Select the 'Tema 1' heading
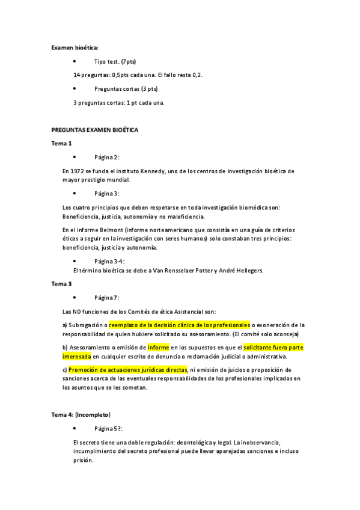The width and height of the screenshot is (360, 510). click(62, 143)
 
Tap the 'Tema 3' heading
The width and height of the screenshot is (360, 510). click(62, 283)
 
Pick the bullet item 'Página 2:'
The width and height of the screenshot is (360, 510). click(106, 157)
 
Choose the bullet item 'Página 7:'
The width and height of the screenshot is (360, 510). click(106, 297)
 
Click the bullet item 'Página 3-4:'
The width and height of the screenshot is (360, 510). click(109, 261)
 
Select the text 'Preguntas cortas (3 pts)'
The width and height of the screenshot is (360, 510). click(126, 88)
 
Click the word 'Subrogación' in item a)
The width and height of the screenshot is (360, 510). click(87, 325)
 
